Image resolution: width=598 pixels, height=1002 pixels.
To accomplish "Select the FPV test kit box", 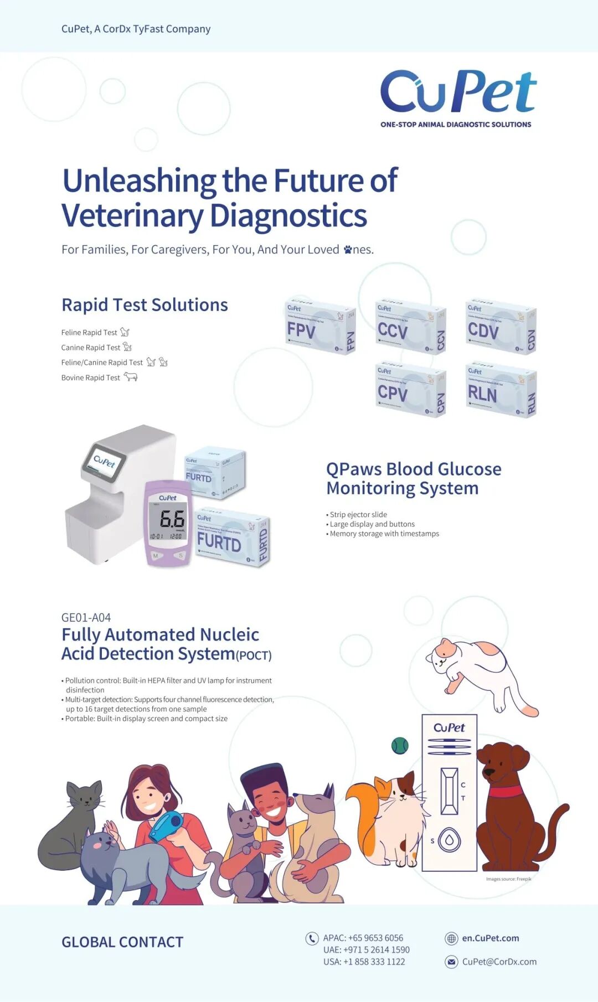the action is coord(320,327).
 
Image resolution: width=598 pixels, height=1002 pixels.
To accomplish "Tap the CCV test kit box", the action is coord(410,328).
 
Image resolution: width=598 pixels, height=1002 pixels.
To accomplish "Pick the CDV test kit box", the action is coord(501,327).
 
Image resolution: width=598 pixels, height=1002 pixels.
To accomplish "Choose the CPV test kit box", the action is coord(410,390).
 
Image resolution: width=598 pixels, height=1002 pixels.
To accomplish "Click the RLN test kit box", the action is coord(501,391).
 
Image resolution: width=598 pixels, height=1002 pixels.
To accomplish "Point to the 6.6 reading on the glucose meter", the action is coord(172,519).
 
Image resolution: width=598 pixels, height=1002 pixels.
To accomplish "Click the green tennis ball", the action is coord(400,746).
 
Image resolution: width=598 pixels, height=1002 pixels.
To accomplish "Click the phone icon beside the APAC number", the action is coord(312,938).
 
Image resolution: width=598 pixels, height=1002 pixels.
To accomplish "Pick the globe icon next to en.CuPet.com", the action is coord(451,938).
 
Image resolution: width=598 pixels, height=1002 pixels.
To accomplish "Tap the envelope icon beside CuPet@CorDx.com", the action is coord(451,962).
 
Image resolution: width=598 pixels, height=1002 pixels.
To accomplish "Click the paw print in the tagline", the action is coord(348,250).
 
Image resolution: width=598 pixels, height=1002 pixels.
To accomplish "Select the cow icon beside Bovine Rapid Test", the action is coord(130,377).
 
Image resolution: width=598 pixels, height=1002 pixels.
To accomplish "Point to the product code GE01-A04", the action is coord(86,617).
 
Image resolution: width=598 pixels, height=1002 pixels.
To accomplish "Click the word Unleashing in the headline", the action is coord(138,181).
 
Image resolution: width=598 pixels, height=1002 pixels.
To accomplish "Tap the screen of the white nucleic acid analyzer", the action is coord(104,460).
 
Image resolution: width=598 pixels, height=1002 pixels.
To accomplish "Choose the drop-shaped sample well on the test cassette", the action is coord(449,840).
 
